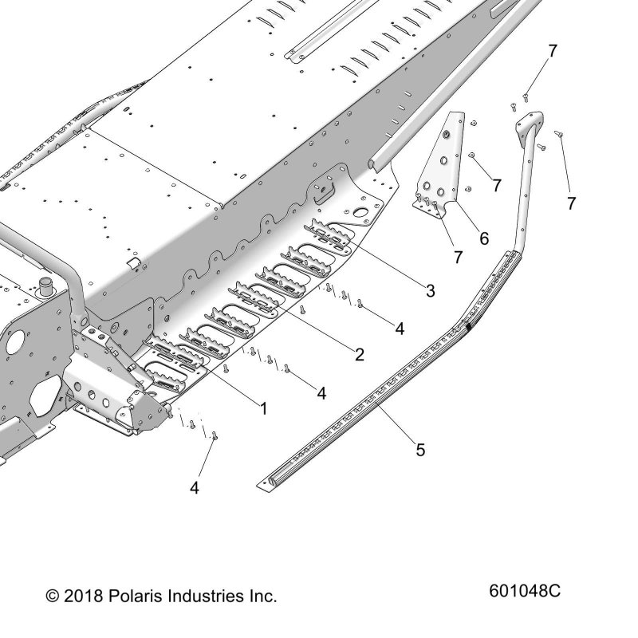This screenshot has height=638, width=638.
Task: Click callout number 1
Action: pos(264,408)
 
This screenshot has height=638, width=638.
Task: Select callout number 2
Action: pos(360,355)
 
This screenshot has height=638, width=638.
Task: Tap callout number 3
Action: pos(431,290)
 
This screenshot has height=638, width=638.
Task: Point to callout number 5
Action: pos(420,450)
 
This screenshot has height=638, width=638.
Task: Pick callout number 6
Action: pos(484,238)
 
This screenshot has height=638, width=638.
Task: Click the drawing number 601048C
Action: pos(525,591)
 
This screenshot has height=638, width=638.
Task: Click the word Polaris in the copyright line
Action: pos(136,596)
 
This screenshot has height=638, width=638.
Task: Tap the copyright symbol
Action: pos(53,597)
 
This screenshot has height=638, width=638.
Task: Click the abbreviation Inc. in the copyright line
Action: pos(263,597)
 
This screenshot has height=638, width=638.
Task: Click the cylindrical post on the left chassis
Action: pos(46,286)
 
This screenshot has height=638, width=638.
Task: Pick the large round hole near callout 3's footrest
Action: pos(360,212)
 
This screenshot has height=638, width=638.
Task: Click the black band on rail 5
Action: pos(469,325)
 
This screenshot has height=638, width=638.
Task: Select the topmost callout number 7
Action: pos(552,51)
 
